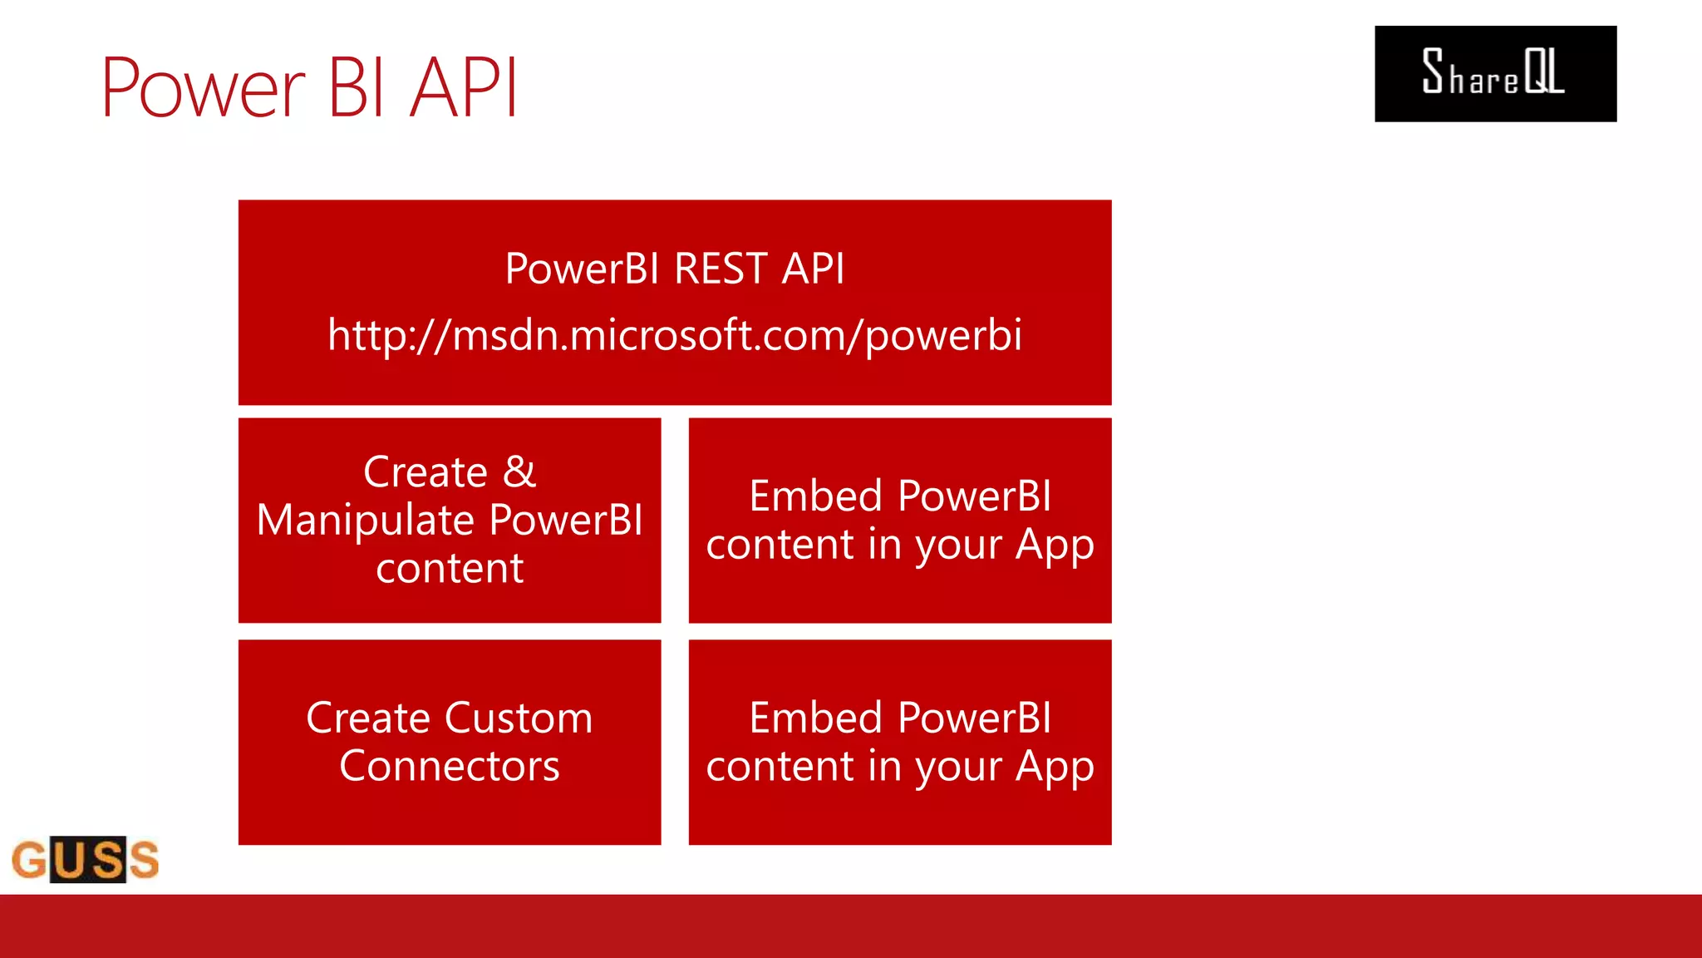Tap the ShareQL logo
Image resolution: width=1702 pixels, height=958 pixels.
click(x=1495, y=74)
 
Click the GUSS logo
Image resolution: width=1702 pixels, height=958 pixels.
click(x=86, y=859)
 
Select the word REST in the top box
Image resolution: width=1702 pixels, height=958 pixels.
click(x=721, y=269)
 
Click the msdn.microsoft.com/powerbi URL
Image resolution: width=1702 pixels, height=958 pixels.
click(x=674, y=335)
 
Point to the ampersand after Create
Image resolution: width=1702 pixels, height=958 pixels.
click(x=519, y=472)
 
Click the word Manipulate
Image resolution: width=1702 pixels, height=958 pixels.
click(x=365, y=521)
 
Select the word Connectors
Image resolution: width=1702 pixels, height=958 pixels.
click(x=450, y=766)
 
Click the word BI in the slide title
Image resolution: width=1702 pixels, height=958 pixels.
click(x=357, y=86)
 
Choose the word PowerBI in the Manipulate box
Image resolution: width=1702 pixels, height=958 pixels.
click(x=566, y=521)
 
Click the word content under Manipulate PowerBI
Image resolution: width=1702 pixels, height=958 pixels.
click(x=450, y=569)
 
